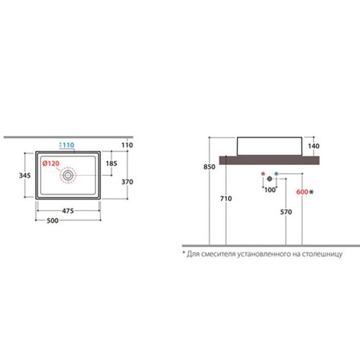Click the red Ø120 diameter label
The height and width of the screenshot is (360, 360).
(x=51, y=164)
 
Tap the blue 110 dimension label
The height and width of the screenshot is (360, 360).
(x=68, y=145)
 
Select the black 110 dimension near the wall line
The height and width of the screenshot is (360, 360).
(x=127, y=145)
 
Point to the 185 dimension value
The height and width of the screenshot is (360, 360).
(x=112, y=164)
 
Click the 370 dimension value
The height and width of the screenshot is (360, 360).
(x=127, y=182)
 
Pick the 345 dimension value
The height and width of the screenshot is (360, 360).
(x=25, y=175)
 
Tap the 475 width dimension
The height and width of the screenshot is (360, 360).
(x=68, y=211)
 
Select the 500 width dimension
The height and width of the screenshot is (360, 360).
(x=52, y=221)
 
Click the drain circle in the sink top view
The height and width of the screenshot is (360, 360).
(x=68, y=175)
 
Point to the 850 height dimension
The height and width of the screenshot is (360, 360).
(x=209, y=167)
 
